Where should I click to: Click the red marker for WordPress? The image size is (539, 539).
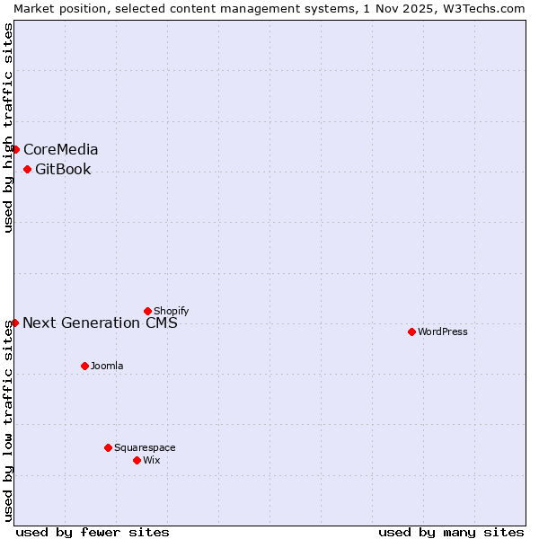pyautogui.click(x=411, y=331)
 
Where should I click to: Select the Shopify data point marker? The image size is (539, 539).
pyautogui.click(x=147, y=311)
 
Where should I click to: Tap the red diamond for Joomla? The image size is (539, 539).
pyautogui.click(x=84, y=366)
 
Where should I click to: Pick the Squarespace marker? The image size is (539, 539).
pyautogui.click(x=108, y=447)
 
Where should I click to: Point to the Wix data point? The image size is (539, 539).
pyautogui.click(x=137, y=460)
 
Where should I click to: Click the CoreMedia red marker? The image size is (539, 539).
pyautogui.click(x=15, y=149)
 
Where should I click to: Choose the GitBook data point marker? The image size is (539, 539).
pyautogui.click(x=27, y=169)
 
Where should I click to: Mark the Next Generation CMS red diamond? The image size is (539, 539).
pyautogui.click(x=14, y=323)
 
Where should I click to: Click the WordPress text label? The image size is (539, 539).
pyautogui.click(x=443, y=331)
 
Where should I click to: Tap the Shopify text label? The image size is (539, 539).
pyautogui.click(x=171, y=311)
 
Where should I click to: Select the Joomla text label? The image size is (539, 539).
pyautogui.click(x=107, y=366)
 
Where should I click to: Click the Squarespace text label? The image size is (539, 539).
pyautogui.click(x=145, y=447)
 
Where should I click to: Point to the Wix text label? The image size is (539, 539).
pyautogui.click(x=152, y=460)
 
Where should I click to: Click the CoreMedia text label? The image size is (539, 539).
pyautogui.click(x=61, y=149)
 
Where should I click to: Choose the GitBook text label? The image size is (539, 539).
pyautogui.click(x=63, y=169)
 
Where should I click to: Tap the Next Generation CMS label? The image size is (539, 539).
pyautogui.click(x=100, y=323)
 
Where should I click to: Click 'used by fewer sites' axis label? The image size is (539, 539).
pyautogui.click(x=93, y=532)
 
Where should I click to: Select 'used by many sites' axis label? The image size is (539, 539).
pyautogui.click(x=451, y=532)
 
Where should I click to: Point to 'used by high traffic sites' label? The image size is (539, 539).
pyautogui.click(x=8, y=128)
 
